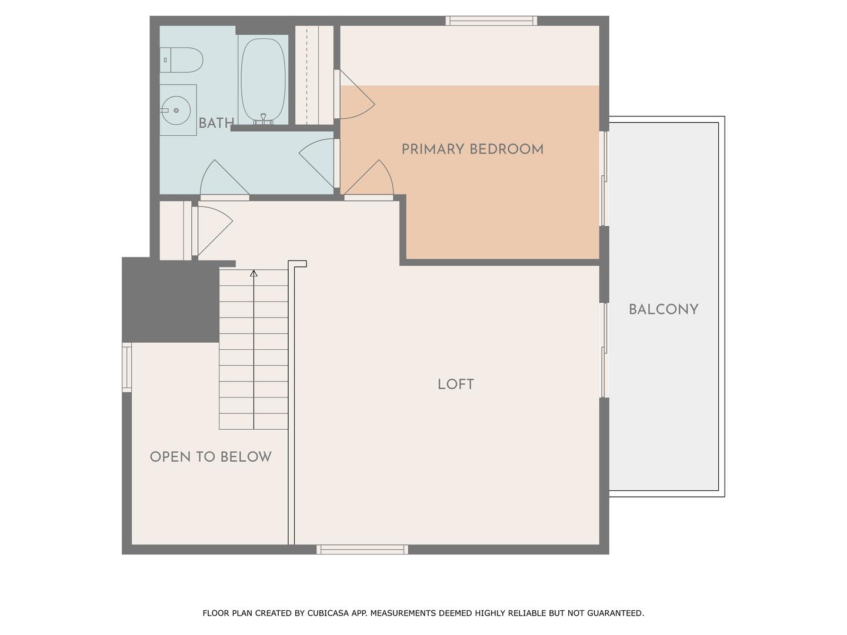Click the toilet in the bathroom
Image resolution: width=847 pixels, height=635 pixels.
[182, 60]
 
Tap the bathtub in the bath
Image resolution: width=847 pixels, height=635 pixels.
[263, 81]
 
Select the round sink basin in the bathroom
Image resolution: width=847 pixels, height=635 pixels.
[175, 111]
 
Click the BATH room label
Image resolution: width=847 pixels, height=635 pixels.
[216, 123]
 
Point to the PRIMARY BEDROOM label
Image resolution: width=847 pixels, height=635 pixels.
[472, 149]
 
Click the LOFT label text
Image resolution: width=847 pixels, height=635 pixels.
[455, 385]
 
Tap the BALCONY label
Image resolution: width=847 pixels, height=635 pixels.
[663, 310]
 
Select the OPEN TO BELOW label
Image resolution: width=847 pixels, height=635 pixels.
[211, 457]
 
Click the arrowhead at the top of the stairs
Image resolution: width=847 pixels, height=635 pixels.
[254, 273]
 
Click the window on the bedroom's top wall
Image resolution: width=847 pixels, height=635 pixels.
[491, 21]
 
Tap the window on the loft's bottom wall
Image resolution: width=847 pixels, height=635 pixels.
[362, 549]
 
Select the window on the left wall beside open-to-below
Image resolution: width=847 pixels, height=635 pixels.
[126, 367]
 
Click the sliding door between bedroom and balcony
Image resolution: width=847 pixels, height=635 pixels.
[603, 178]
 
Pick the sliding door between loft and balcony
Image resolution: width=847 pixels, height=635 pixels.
[603, 350]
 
